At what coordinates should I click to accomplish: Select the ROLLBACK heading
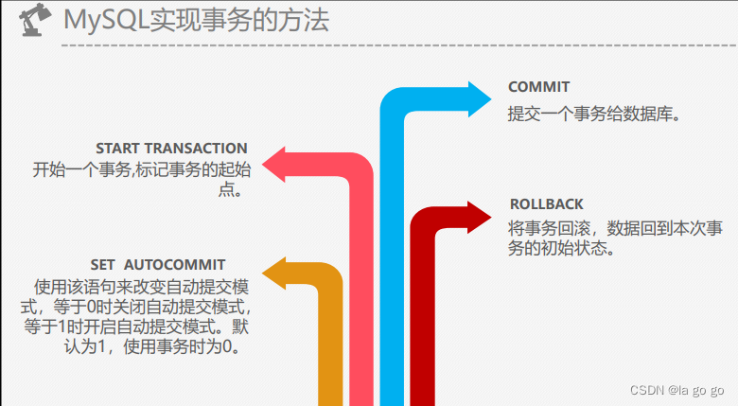tap(547, 203)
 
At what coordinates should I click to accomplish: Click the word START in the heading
tap(118, 149)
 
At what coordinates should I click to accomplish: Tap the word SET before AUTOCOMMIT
tap(103, 264)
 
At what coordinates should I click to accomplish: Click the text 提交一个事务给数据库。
tap(594, 113)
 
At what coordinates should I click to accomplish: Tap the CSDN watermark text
tap(676, 389)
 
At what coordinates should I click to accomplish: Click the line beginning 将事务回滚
tap(616, 229)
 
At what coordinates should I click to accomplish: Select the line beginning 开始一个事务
tap(142, 170)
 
